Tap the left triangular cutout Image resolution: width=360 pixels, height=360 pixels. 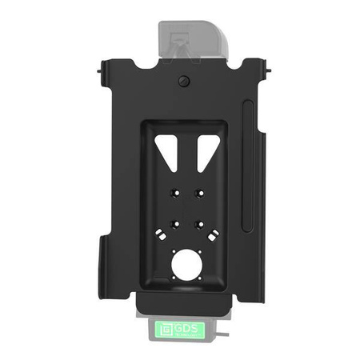(x=168, y=150)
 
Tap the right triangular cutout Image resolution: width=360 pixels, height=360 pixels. (x=205, y=150)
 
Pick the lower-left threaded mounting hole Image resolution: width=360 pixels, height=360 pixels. (x=172, y=224)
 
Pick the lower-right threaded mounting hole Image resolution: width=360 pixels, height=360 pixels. (x=199, y=224)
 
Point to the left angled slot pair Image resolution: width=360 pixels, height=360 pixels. (x=161, y=238)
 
